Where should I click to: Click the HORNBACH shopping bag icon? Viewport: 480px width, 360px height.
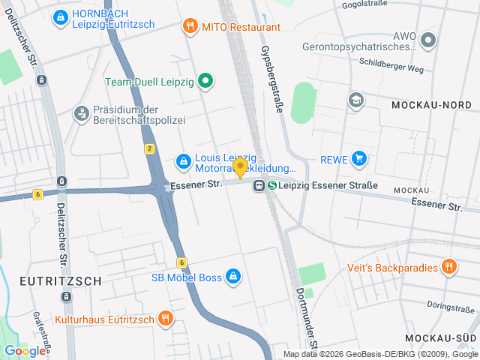pos(61,16)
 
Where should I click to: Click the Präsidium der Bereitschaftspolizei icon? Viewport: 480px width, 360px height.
pos(80,113)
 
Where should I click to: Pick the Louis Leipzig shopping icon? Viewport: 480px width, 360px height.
pos(183,160)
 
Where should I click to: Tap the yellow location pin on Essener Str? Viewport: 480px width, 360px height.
pos(240,168)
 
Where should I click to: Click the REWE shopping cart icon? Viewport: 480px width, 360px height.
pos(360,158)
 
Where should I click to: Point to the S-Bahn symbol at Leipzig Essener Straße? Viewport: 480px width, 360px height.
pos(273,185)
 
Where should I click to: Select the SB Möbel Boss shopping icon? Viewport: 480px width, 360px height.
pos(233,277)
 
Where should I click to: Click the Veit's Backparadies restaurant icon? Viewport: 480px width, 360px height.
pos(449,267)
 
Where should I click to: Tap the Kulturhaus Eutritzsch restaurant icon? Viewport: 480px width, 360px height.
pos(166,319)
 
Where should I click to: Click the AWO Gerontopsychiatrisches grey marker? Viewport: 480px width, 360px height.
pos(428,40)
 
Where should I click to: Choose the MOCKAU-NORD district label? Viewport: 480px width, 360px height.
pos(430,106)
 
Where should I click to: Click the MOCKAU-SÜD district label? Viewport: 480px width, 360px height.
pos(439,338)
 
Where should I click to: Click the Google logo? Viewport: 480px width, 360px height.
pos(25,350)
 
